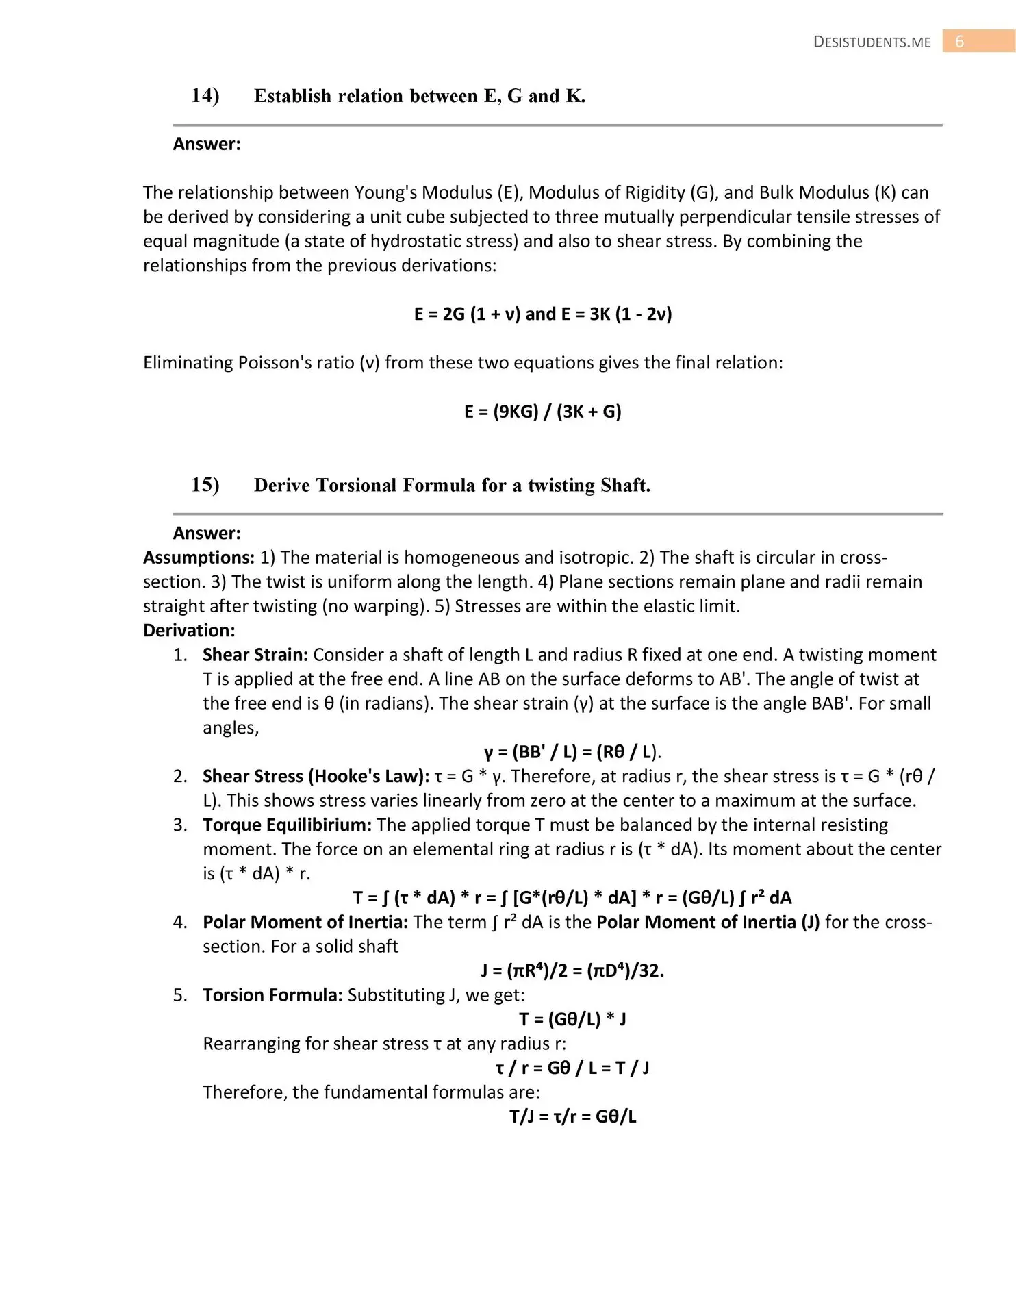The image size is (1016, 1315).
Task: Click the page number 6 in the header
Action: (959, 42)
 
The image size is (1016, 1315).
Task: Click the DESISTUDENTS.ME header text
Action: (872, 42)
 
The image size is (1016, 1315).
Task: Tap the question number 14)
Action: (205, 95)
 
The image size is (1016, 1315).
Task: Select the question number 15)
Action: (205, 484)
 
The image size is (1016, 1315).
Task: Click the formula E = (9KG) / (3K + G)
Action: (543, 411)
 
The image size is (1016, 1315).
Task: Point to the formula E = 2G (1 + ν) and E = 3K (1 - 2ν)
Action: (543, 314)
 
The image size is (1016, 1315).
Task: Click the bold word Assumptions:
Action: (199, 558)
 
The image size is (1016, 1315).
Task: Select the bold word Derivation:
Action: (189, 630)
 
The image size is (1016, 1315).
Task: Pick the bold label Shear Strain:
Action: (255, 655)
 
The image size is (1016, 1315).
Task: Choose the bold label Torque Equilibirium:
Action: (287, 825)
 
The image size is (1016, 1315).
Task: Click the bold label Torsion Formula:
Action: (272, 994)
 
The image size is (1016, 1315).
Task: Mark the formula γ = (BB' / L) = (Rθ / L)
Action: (572, 752)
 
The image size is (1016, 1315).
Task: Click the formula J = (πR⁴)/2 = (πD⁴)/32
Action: (572, 970)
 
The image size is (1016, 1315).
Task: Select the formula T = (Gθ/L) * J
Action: (572, 1019)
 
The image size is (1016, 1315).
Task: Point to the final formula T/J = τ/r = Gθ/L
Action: (572, 1116)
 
